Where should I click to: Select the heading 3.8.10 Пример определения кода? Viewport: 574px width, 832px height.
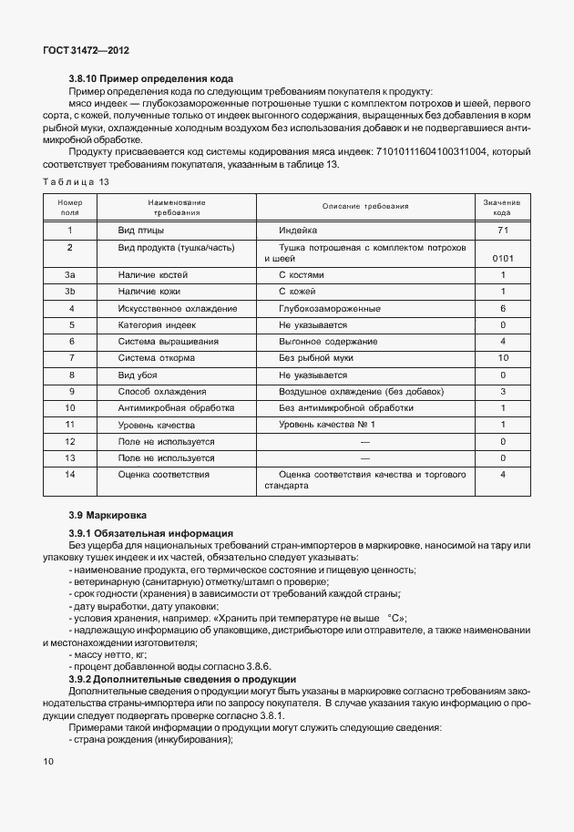[x=152, y=79]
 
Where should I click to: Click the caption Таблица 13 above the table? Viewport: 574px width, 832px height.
[x=77, y=182]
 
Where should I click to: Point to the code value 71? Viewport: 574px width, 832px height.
[x=502, y=231]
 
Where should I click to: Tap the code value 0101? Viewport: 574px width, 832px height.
[x=502, y=259]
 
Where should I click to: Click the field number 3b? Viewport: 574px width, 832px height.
[x=70, y=291]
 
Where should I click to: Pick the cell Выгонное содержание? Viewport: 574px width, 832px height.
[x=328, y=341]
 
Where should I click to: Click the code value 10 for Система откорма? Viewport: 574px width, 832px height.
[x=502, y=357]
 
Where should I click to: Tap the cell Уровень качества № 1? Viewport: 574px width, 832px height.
[x=327, y=425]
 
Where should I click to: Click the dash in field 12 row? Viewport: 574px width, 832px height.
[x=365, y=441]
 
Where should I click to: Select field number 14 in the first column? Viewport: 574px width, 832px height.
[x=70, y=474]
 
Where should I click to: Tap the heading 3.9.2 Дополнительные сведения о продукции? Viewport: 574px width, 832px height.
[x=182, y=680]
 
